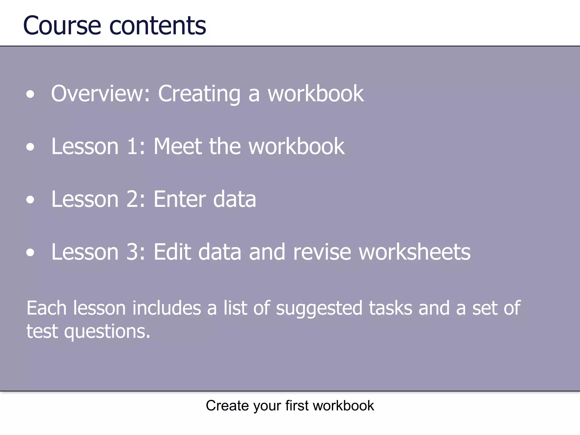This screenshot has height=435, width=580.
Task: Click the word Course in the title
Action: (x=62, y=26)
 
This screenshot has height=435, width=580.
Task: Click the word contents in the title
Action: (x=157, y=26)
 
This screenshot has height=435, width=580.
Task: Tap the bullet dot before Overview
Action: (x=30, y=94)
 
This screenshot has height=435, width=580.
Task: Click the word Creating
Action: (x=199, y=94)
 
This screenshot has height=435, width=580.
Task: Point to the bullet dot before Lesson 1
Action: (x=30, y=147)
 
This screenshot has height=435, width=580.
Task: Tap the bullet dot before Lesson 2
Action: (x=30, y=200)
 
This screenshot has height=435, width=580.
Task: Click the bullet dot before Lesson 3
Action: (x=30, y=253)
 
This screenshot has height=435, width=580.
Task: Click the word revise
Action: (x=322, y=252)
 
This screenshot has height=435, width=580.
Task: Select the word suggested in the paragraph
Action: (x=319, y=309)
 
